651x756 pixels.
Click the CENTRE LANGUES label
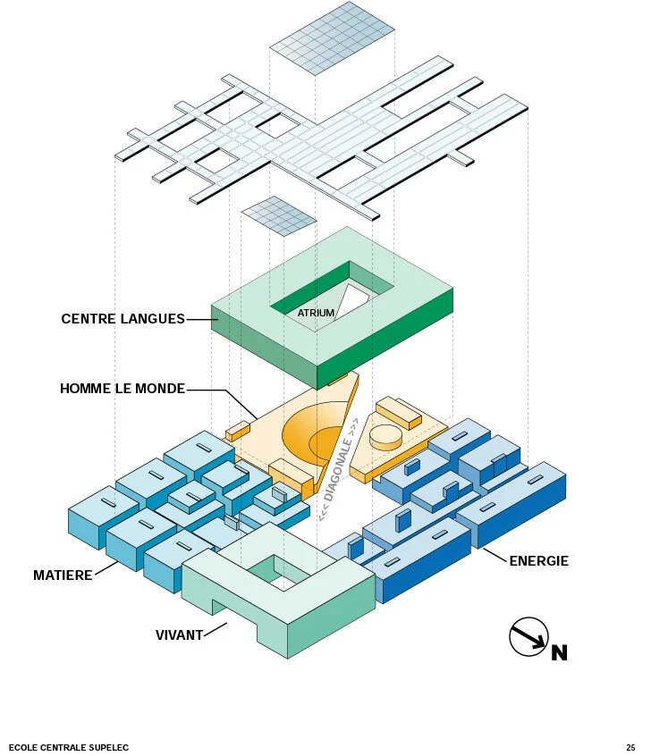click(123, 319)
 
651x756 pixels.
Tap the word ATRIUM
click(316, 314)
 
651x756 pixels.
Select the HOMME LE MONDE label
click(123, 390)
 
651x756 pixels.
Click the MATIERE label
click(63, 575)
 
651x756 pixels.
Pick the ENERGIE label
click(538, 562)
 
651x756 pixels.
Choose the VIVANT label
click(179, 635)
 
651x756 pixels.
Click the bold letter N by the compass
click(559, 653)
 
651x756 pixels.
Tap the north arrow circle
click(528, 636)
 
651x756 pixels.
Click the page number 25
click(630, 747)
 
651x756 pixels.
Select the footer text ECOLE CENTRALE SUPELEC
click(69, 747)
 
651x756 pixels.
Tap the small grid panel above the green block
click(279, 216)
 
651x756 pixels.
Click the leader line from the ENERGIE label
click(495, 555)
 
